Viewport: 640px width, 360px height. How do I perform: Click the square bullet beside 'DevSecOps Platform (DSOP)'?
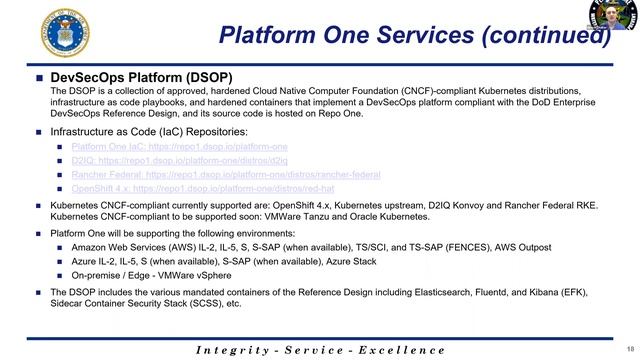point(41,78)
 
